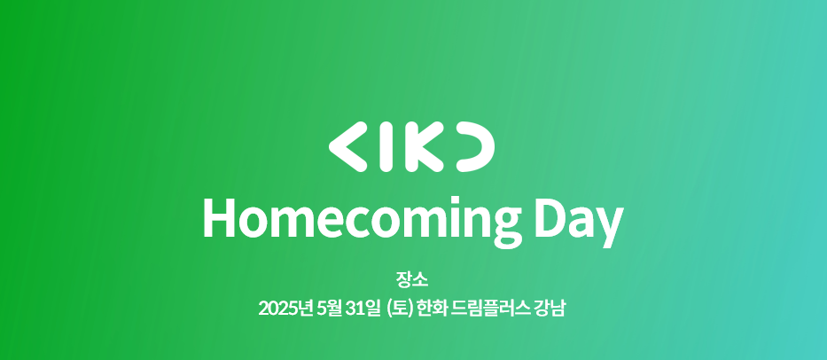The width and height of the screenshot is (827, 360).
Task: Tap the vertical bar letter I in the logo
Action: (387, 146)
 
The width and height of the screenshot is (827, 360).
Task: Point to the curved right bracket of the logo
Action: (477, 146)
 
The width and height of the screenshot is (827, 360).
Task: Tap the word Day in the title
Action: (579, 221)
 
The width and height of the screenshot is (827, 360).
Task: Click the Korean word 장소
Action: (412, 278)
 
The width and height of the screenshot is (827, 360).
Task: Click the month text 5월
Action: (330, 309)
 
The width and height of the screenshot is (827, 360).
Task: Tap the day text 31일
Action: (364, 309)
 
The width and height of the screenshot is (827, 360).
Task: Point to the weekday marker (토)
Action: (399, 309)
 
